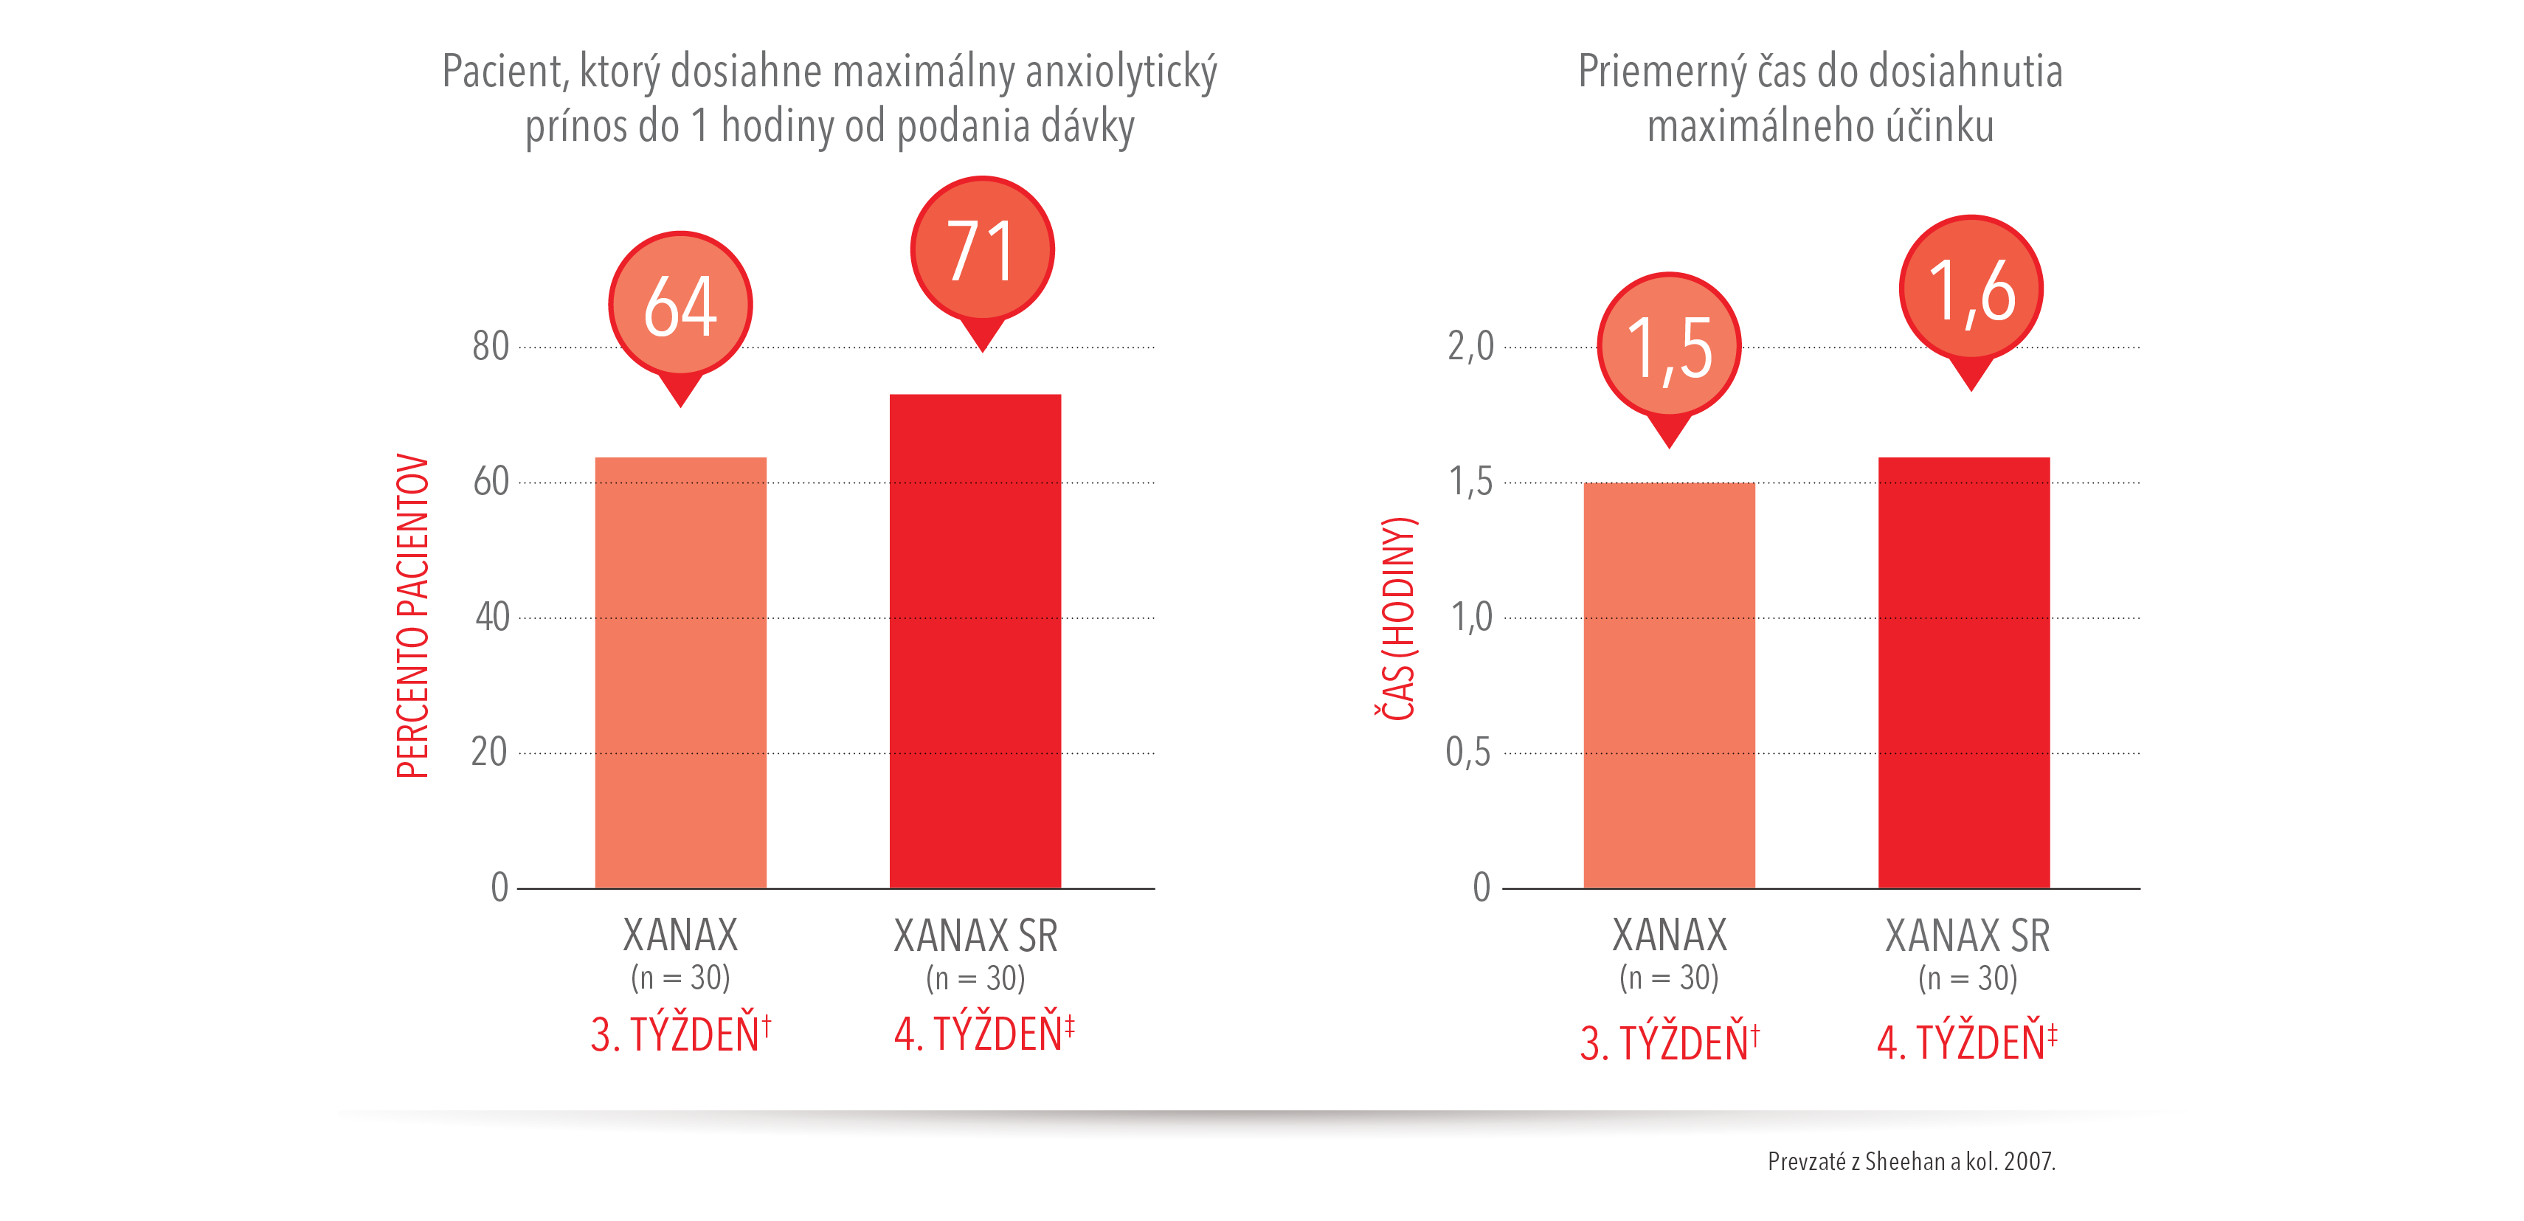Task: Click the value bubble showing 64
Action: (x=680, y=305)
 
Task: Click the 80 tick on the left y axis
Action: (x=490, y=347)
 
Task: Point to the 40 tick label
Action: (x=492, y=618)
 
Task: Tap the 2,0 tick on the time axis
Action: (x=1470, y=347)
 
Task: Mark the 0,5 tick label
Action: (x=1467, y=753)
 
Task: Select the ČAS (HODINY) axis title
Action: (x=1398, y=618)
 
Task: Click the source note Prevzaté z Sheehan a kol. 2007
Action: (x=1911, y=1161)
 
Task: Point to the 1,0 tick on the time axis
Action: (x=1470, y=618)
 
